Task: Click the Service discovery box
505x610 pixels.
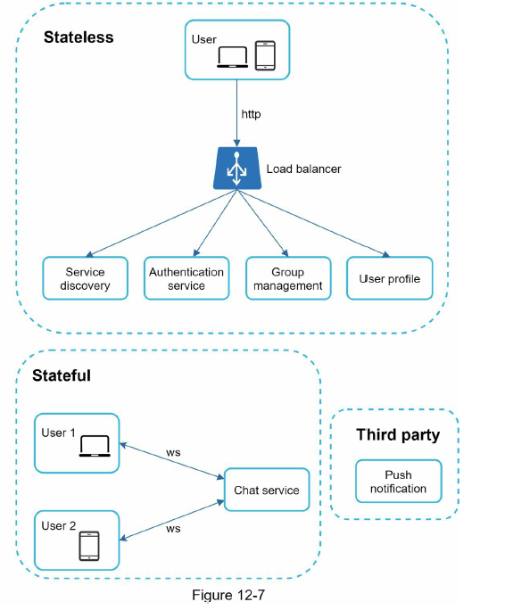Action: click(x=86, y=278)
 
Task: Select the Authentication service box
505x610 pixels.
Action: click(x=186, y=278)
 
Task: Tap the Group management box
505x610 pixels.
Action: click(x=288, y=278)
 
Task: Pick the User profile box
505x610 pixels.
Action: click(x=389, y=278)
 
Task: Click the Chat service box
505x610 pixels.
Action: click(x=267, y=490)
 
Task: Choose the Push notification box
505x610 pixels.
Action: click(x=398, y=482)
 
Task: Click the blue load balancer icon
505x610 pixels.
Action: click(x=237, y=168)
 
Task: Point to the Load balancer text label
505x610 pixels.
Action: click(x=303, y=169)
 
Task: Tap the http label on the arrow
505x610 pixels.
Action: click(x=251, y=114)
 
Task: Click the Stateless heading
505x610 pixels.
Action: click(x=79, y=37)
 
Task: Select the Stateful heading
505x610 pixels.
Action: click(x=62, y=375)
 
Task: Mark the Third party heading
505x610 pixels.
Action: click(x=398, y=435)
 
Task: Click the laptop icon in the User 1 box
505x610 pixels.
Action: click(x=95, y=446)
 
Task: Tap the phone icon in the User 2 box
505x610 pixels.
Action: click(x=89, y=546)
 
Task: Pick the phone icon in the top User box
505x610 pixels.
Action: click(x=265, y=55)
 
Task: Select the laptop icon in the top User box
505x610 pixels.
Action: click(x=233, y=57)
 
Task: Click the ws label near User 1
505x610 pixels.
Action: click(x=173, y=453)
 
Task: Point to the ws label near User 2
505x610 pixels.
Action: click(x=173, y=529)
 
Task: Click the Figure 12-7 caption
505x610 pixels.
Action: click(x=228, y=595)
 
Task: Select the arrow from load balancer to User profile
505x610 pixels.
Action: click(x=313, y=224)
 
